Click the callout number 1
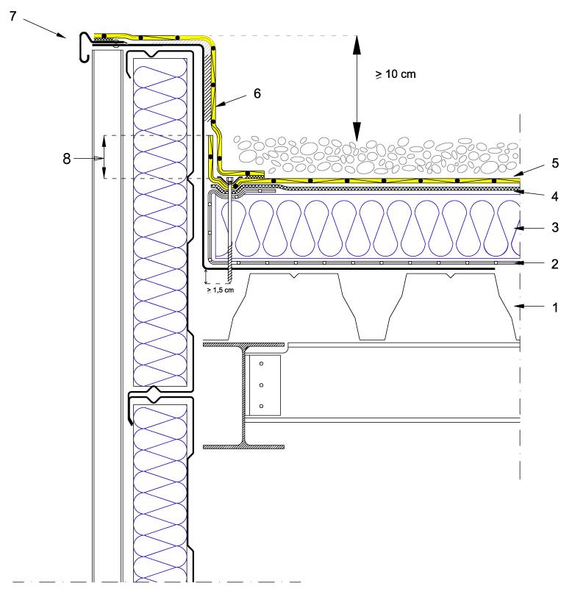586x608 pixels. point(555,307)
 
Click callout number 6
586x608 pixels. point(257,93)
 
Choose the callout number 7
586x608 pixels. point(12,15)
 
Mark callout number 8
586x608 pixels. point(67,159)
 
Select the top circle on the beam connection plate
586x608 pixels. point(261,365)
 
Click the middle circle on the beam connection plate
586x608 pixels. point(261,385)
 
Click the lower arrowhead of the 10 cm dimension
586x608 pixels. point(354,133)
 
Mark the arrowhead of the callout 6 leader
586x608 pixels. point(219,110)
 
